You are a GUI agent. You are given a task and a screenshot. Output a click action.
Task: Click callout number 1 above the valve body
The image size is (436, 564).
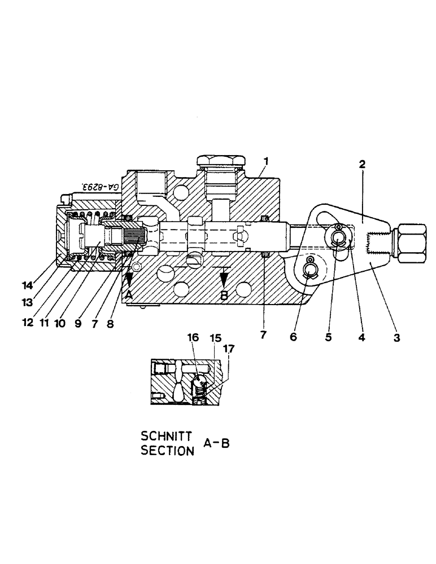click(265, 161)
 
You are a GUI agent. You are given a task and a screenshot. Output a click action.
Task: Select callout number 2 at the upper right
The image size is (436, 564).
click(362, 165)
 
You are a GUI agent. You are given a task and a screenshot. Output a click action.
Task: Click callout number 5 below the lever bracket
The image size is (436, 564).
click(329, 338)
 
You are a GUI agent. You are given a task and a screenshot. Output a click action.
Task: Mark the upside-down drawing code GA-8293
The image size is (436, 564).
click(102, 186)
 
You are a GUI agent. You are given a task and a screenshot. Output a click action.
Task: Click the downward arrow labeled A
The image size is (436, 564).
click(129, 280)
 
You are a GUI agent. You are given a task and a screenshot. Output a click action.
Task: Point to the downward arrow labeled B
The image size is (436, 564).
click(224, 280)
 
